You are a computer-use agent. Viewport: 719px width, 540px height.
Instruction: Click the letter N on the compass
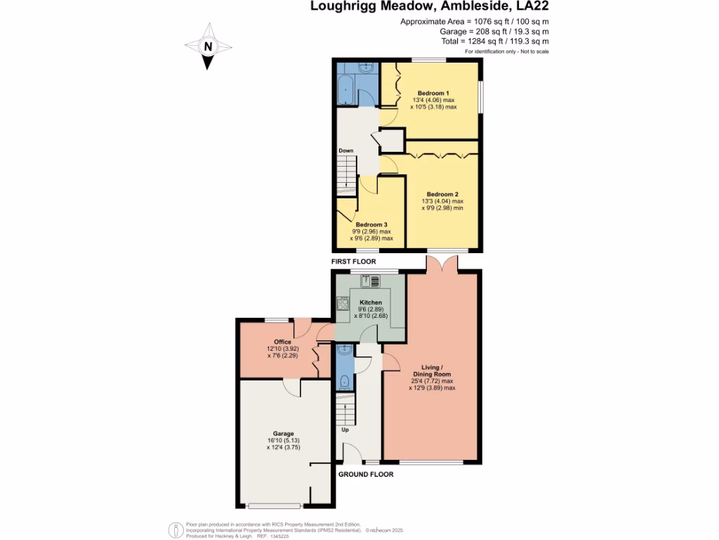click(208, 46)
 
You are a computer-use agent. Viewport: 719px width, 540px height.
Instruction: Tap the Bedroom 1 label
click(433, 94)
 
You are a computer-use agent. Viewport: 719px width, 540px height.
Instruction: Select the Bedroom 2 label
click(442, 194)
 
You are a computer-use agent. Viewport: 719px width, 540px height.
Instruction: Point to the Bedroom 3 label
click(371, 224)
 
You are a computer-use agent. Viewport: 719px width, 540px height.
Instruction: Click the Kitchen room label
click(371, 302)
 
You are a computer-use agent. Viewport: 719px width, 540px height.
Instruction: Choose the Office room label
click(282, 342)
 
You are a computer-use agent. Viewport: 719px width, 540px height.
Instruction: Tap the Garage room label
click(284, 433)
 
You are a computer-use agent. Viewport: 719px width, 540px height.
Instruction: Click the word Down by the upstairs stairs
click(345, 150)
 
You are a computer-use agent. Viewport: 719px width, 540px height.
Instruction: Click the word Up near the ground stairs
click(345, 430)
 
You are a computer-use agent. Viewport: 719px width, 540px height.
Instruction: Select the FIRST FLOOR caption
click(354, 262)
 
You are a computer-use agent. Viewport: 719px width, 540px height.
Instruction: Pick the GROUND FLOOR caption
click(366, 475)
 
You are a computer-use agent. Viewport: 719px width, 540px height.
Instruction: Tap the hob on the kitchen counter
click(343, 304)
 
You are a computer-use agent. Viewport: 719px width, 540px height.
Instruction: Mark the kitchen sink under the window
click(370, 281)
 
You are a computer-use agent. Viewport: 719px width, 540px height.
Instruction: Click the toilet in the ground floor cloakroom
click(344, 381)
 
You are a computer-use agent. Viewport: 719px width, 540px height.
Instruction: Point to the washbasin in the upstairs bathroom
click(366, 68)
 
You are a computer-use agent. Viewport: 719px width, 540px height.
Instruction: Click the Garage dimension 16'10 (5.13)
click(284, 440)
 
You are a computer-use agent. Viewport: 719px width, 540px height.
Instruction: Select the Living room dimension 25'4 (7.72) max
click(432, 381)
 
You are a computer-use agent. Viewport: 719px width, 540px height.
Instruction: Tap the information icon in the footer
click(176, 530)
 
